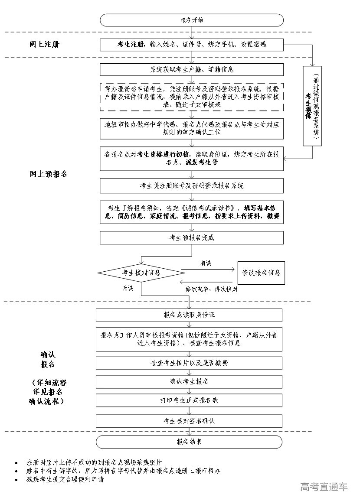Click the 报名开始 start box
pyautogui.click(x=191, y=20)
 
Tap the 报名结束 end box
pyautogui.click(x=189, y=442)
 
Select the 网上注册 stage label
pyautogui.click(x=44, y=44)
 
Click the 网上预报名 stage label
pyautogui.click(x=48, y=174)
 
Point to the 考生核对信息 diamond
pyautogui.click(x=141, y=273)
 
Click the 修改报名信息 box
pyautogui.click(x=261, y=273)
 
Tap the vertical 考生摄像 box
pyautogui.click(x=311, y=106)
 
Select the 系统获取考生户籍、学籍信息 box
pyautogui.click(x=191, y=69)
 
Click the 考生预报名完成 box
pyautogui.click(x=191, y=237)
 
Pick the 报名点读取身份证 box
pyautogui.click(x=189, y=315)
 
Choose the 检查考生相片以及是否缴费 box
pyautogui.click(x=189, y=363)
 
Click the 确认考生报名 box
pyautogui.click(x=189, y=381)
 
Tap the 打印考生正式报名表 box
pyautogui.click(x=189, y=400)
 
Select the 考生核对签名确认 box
pyautogui.click(x=189, y=421)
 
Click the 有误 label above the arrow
pyautogui.click(x=206, y=263)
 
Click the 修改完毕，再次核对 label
pyautogui.click(x=211, y=289)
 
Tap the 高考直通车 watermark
pyautogui.click(x=324, y=487)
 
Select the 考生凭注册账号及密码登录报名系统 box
pyautogui.click(x=191, y=185)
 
